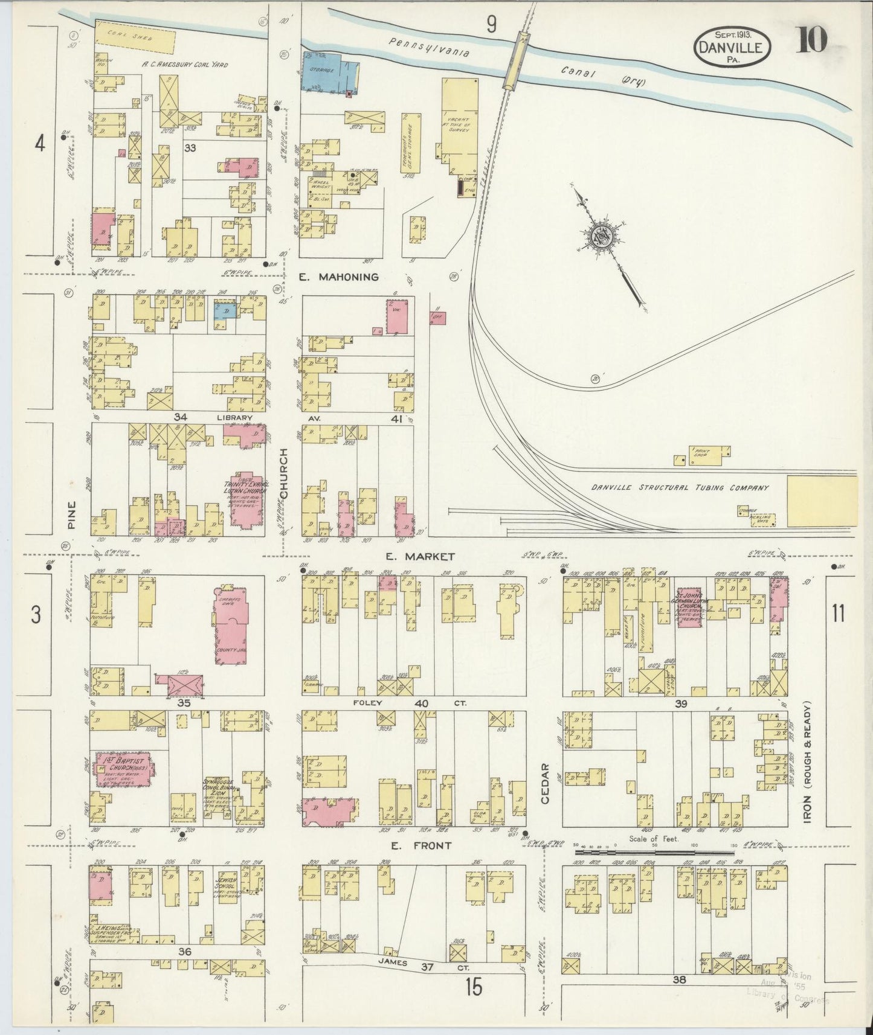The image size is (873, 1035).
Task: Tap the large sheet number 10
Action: coord(811,40)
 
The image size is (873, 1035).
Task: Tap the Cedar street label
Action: coord(545,784)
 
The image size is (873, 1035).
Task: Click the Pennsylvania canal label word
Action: coord(429,48)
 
